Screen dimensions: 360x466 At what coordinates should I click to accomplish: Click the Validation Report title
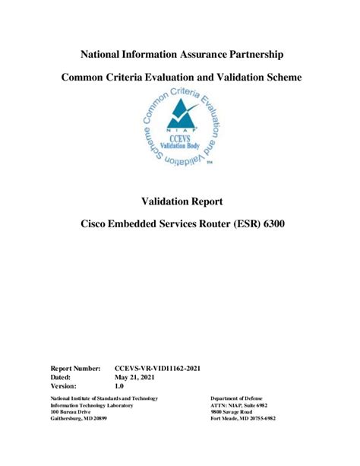[x=182, y=201]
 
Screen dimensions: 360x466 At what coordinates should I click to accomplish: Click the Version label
[x=65, y=385]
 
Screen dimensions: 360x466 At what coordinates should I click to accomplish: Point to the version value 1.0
[x=119, y=385]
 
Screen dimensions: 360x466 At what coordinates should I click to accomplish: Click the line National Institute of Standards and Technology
[x=103, y=398]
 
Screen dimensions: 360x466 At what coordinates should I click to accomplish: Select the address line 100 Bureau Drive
[x=71, y=411]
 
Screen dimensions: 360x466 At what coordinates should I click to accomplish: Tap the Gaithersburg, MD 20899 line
[x=78, y=419]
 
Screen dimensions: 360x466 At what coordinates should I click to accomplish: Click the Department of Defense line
[x=238, y=398]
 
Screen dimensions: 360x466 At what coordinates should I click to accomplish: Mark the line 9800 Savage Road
[x=236, y=411]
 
